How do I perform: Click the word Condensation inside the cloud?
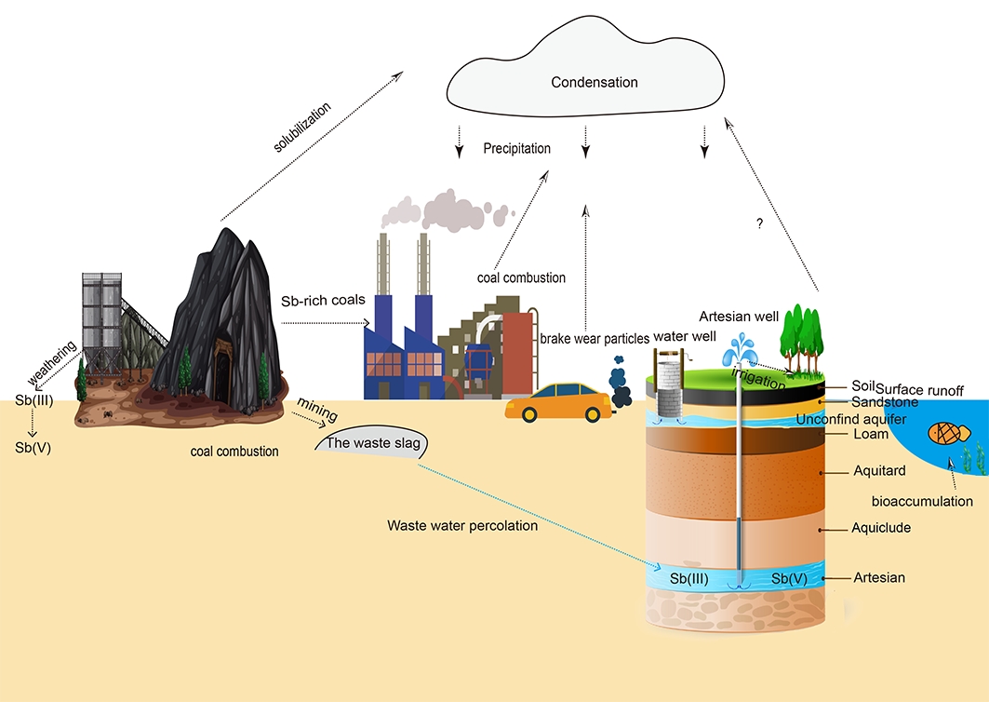click(594, 82)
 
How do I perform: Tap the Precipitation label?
click(516, 148)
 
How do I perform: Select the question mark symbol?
click(760, 224)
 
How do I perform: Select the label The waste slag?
click(372, 443)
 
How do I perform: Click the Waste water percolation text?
click(462, 526)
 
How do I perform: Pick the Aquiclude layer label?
click(880, 528)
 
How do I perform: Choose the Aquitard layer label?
click(879, 471)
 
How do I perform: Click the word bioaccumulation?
click(922, 501)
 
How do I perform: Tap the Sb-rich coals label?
click(323, 301)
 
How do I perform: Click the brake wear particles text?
click(595, 339)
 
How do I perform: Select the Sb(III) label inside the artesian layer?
click(689, 578)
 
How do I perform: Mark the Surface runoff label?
click(920, 389)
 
